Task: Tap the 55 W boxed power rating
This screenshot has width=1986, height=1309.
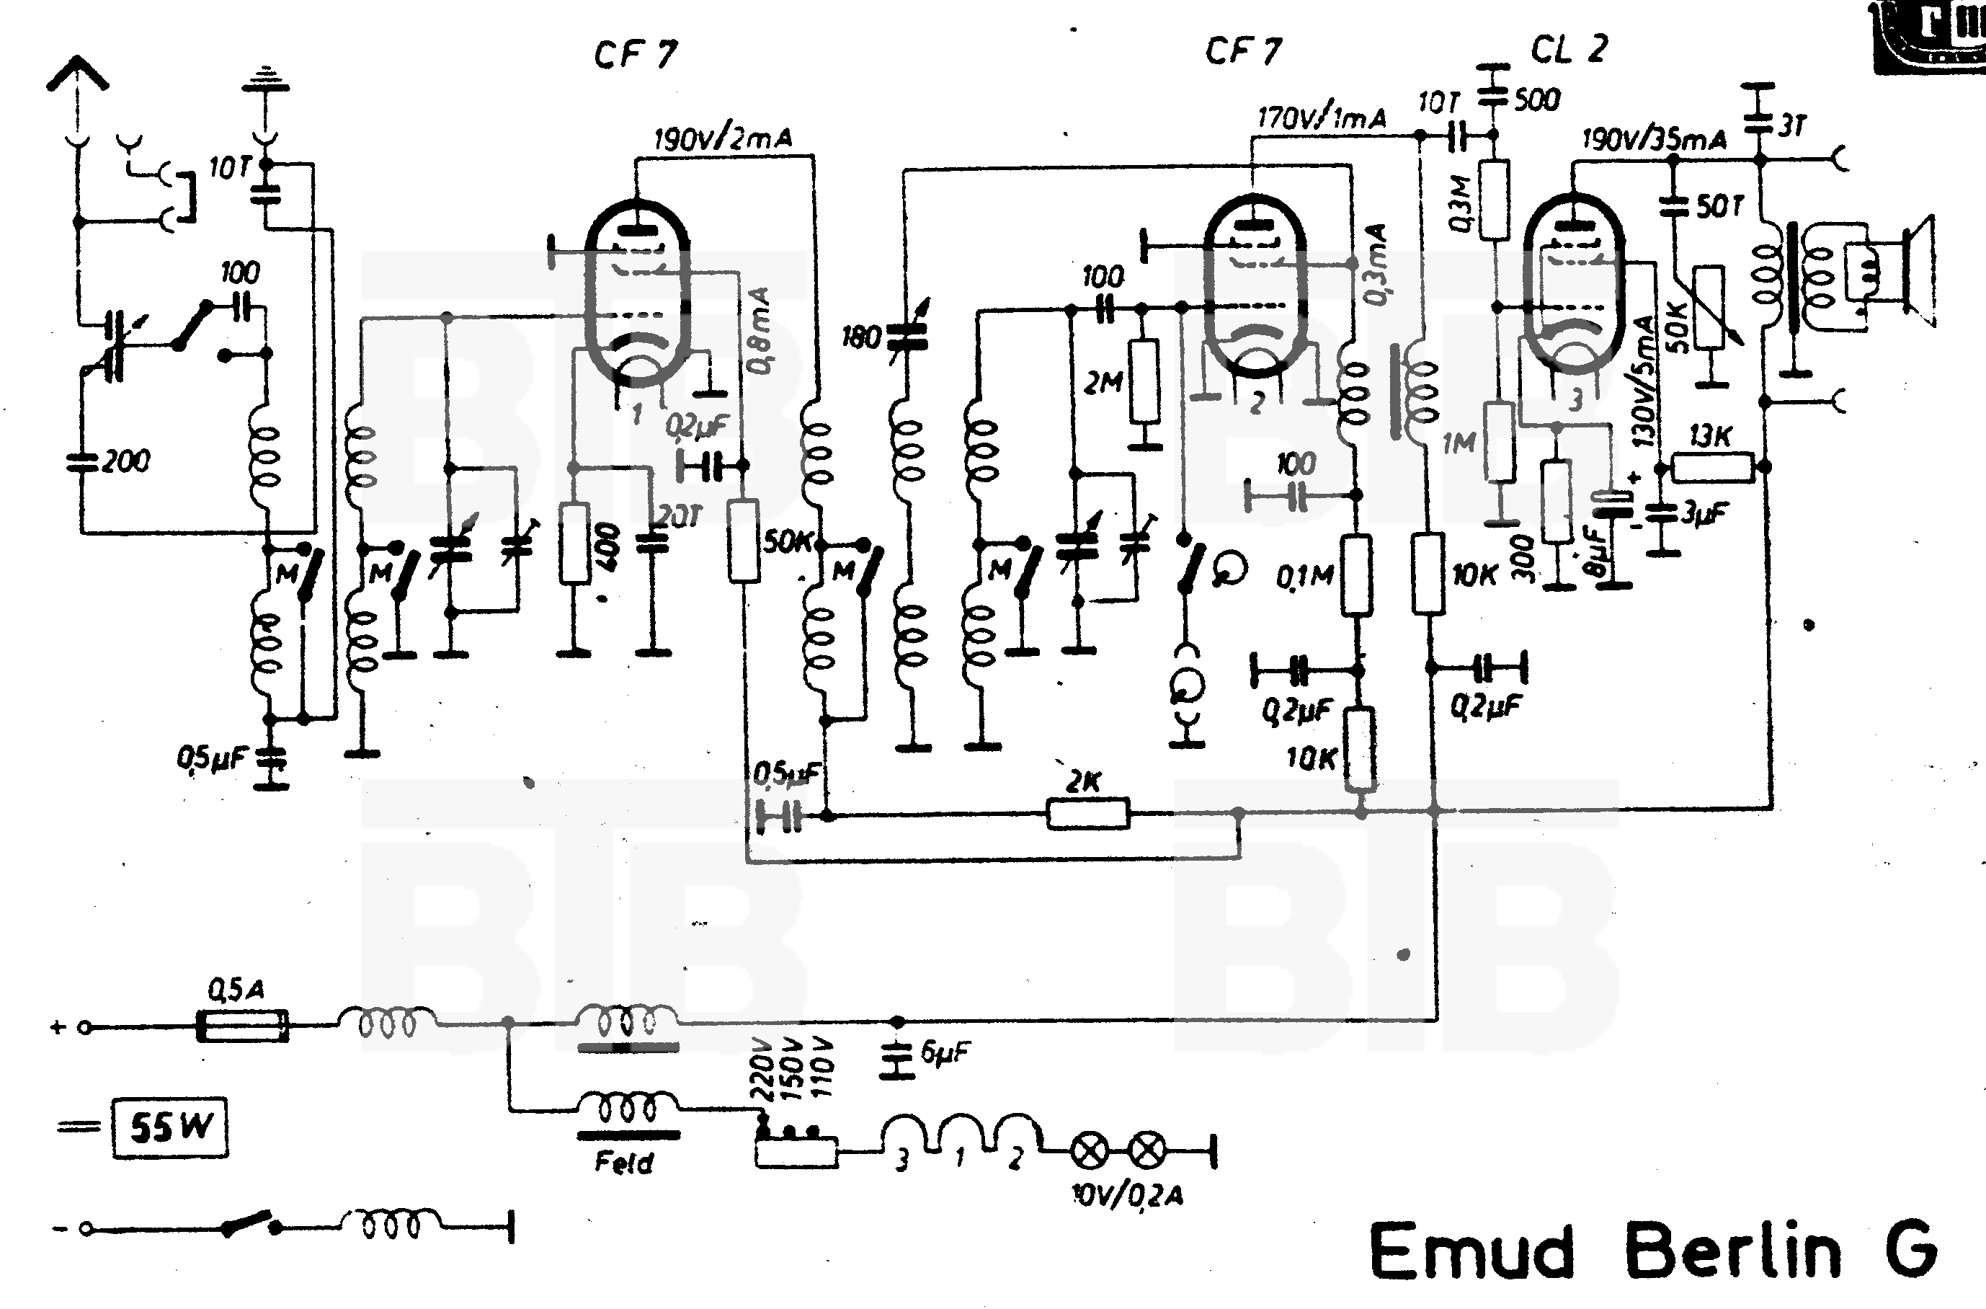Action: coord(169,1127)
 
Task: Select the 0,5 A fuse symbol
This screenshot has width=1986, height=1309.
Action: coord(242,1025)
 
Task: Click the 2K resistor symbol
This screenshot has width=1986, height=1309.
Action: coord(1087,813)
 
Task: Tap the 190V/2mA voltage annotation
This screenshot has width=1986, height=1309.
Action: coord(722,138)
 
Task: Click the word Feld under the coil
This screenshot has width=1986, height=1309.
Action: coord(624,1162)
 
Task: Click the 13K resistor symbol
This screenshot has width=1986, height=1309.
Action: coord(1712,468)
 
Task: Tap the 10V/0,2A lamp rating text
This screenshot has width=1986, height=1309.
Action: coord(1126,1195)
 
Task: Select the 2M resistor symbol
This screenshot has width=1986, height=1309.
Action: coord(1144,381)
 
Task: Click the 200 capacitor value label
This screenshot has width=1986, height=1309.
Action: coord(125,461)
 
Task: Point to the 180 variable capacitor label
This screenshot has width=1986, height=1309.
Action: coord(861,337)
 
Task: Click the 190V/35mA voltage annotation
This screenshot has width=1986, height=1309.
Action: coord(1654,138)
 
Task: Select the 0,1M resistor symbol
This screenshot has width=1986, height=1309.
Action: coord(1356,576)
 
